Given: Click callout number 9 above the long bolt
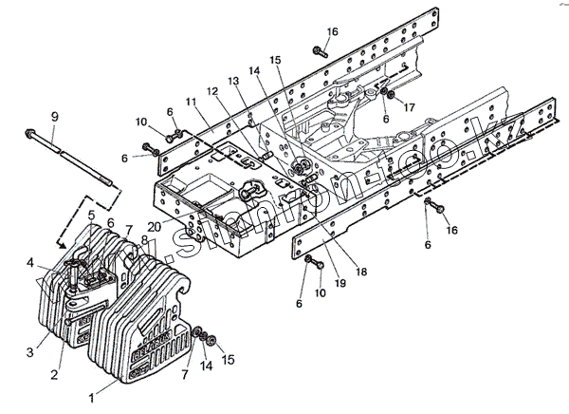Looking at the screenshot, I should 54,117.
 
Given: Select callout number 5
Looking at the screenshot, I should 92,215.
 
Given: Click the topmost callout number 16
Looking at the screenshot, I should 332,31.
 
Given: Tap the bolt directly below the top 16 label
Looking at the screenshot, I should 319,52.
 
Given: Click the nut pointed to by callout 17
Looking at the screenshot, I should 389,95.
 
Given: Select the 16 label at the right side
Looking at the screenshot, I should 451,231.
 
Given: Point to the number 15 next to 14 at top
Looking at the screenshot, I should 275,60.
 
